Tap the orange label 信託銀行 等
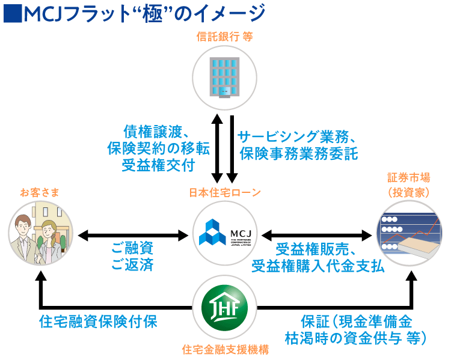click(225, 36)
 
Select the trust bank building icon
click(225, 77)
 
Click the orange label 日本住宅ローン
click(225, 192)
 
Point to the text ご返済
click(132, 265)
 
